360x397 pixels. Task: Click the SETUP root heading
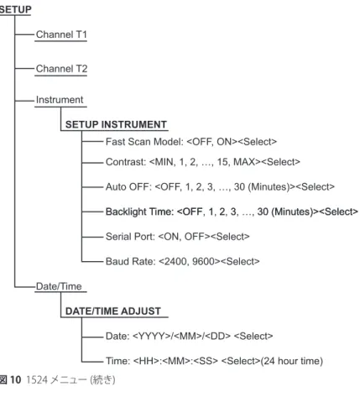tap(15, 9)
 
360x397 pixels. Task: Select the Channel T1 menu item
tap(61, 34)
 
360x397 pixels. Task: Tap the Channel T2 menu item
tap(61, 69)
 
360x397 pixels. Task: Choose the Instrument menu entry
tap(60, 100)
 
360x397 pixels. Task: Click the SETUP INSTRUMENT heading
tap(116, 124)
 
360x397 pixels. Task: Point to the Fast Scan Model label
tap(144, 142)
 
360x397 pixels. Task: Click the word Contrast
tap(126, 162)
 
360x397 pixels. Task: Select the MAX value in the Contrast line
tap(244, 162)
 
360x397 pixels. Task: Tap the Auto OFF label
tap(128, 187)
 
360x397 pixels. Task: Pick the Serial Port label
tap(130, 237)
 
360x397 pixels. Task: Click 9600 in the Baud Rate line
tap(203, 262)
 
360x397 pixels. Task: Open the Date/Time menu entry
tap(59, 286)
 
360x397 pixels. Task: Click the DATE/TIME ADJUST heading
tap(113, 311)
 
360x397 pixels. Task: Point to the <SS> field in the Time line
tap(206, 361)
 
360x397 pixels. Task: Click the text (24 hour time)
tap(292, 361)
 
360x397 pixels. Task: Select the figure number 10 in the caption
tap(16, 380)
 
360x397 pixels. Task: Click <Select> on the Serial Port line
tap(230, 237)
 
